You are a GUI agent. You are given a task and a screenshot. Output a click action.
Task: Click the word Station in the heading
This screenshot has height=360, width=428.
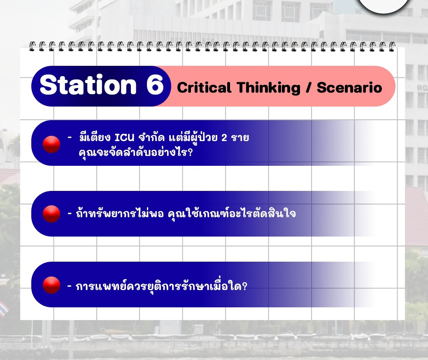[x=88, y=85]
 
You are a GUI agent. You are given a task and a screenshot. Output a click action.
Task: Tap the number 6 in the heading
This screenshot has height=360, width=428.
[x=155, y=85]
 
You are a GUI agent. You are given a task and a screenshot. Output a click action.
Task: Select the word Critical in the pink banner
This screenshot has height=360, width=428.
[x=204, y=88]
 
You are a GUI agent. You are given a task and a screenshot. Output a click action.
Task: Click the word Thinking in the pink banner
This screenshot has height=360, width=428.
[x=269, y=88]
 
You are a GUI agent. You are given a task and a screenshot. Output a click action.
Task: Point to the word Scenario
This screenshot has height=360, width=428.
[x=349, y=88]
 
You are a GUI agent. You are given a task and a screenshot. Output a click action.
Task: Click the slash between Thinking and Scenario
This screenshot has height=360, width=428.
[x=308, y=88]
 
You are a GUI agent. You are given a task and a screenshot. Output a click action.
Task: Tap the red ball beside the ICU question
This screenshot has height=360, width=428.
[x=51, y=144]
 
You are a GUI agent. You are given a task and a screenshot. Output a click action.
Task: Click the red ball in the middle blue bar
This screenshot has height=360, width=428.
[x=51, y=214]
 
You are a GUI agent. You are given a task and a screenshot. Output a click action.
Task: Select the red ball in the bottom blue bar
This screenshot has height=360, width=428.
[x=51, y=285]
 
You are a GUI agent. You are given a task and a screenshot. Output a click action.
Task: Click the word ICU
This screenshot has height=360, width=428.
[x=124, y=137]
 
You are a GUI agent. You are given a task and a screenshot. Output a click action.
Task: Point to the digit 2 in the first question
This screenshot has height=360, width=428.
[x=224, y=137]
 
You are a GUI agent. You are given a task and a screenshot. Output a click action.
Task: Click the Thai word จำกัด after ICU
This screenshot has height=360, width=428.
[x=151, y=137]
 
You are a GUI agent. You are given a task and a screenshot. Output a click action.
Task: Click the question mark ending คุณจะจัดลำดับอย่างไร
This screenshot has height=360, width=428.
[x=190, y=152]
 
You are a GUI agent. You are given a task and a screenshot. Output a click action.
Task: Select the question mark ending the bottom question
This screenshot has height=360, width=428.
[x=244, y=286]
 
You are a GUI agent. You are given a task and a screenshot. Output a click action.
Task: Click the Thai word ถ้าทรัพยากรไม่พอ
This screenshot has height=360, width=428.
[x=120, y=214]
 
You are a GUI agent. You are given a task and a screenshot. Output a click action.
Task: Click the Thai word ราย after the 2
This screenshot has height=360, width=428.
[x=240, y=137]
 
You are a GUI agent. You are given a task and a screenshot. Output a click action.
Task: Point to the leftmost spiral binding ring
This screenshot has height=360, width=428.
[x=33, y=46]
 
